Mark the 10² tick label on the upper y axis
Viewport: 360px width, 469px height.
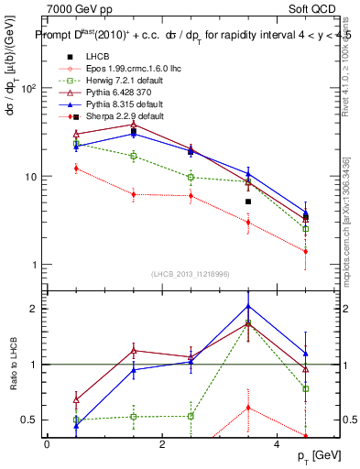point(27,89)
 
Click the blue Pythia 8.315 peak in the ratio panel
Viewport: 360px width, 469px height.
point(248,306)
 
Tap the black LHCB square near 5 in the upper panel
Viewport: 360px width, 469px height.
point(248,202)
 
